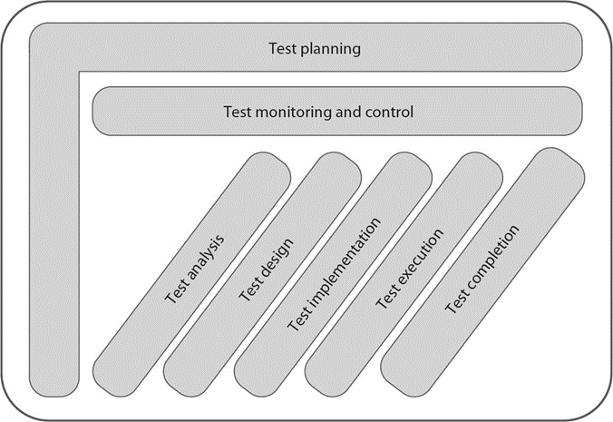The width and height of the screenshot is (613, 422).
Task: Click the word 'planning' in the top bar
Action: click(x=331, y=49)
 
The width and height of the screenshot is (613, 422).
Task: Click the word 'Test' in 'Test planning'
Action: click(x=284, y=49)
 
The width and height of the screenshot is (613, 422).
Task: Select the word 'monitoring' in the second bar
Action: click(x=287, y=113)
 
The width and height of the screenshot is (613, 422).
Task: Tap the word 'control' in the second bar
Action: click(x=389, y=113)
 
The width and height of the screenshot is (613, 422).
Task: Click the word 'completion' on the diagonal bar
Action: click(x=490, y=260)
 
